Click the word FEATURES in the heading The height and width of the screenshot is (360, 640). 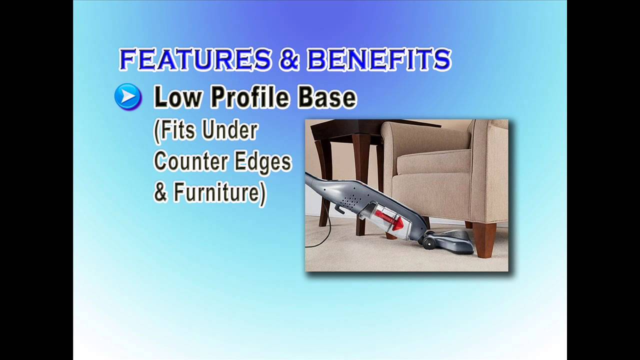pyautogui.click(x=195, y=60)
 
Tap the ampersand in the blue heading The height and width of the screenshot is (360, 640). pyautogui.click(x=289, y=60)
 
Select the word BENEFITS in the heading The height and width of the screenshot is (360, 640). pyautogui.click(x=378, y=60)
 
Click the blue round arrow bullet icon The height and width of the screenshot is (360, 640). pyautogui.click(x=128, y=96)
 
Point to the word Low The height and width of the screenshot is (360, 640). pyautogui.click(x=177, y=97)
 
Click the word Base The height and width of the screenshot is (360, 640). pyautogui.click(x=327, y=97)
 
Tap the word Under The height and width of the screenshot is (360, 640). pyautogui.click(x=230, y=130)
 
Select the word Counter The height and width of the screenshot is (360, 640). pyautogui.click(x=188, y=161)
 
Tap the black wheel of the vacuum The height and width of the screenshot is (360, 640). pyautogui.click(x=429, y=243)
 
